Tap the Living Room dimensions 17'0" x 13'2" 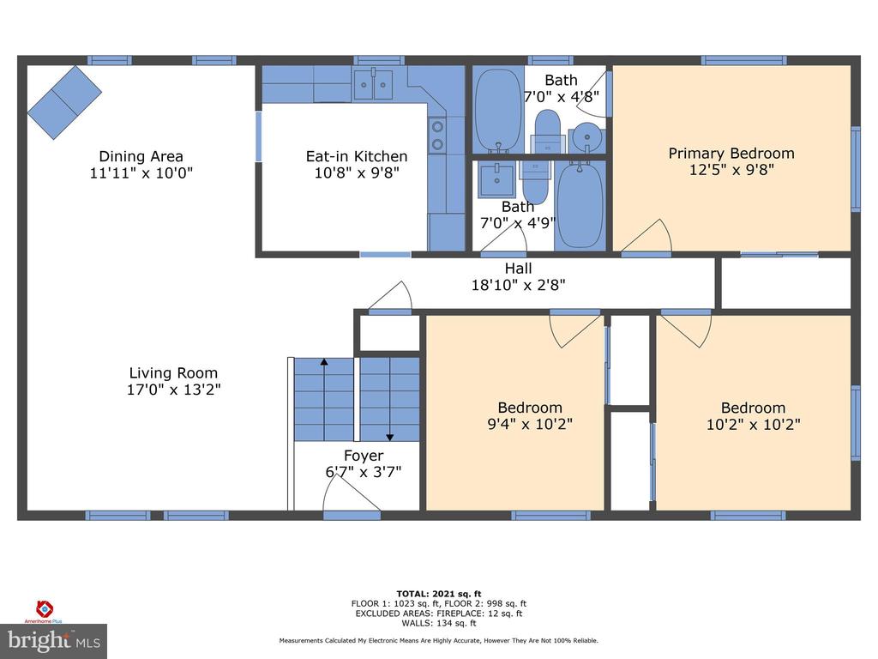[173, 390]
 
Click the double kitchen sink [373, 85]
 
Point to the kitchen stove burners [437, 136]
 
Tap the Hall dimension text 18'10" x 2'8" [519, 285]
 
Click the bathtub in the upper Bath [499, 110]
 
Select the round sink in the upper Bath [586, 136]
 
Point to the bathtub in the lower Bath [580, 205]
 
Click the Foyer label [364, 456]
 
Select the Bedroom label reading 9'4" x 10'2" [530, 416]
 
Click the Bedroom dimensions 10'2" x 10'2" [753, 424]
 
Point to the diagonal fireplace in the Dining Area [65, 102]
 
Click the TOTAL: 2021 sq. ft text [439, 594]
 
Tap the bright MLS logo [54, 641]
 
